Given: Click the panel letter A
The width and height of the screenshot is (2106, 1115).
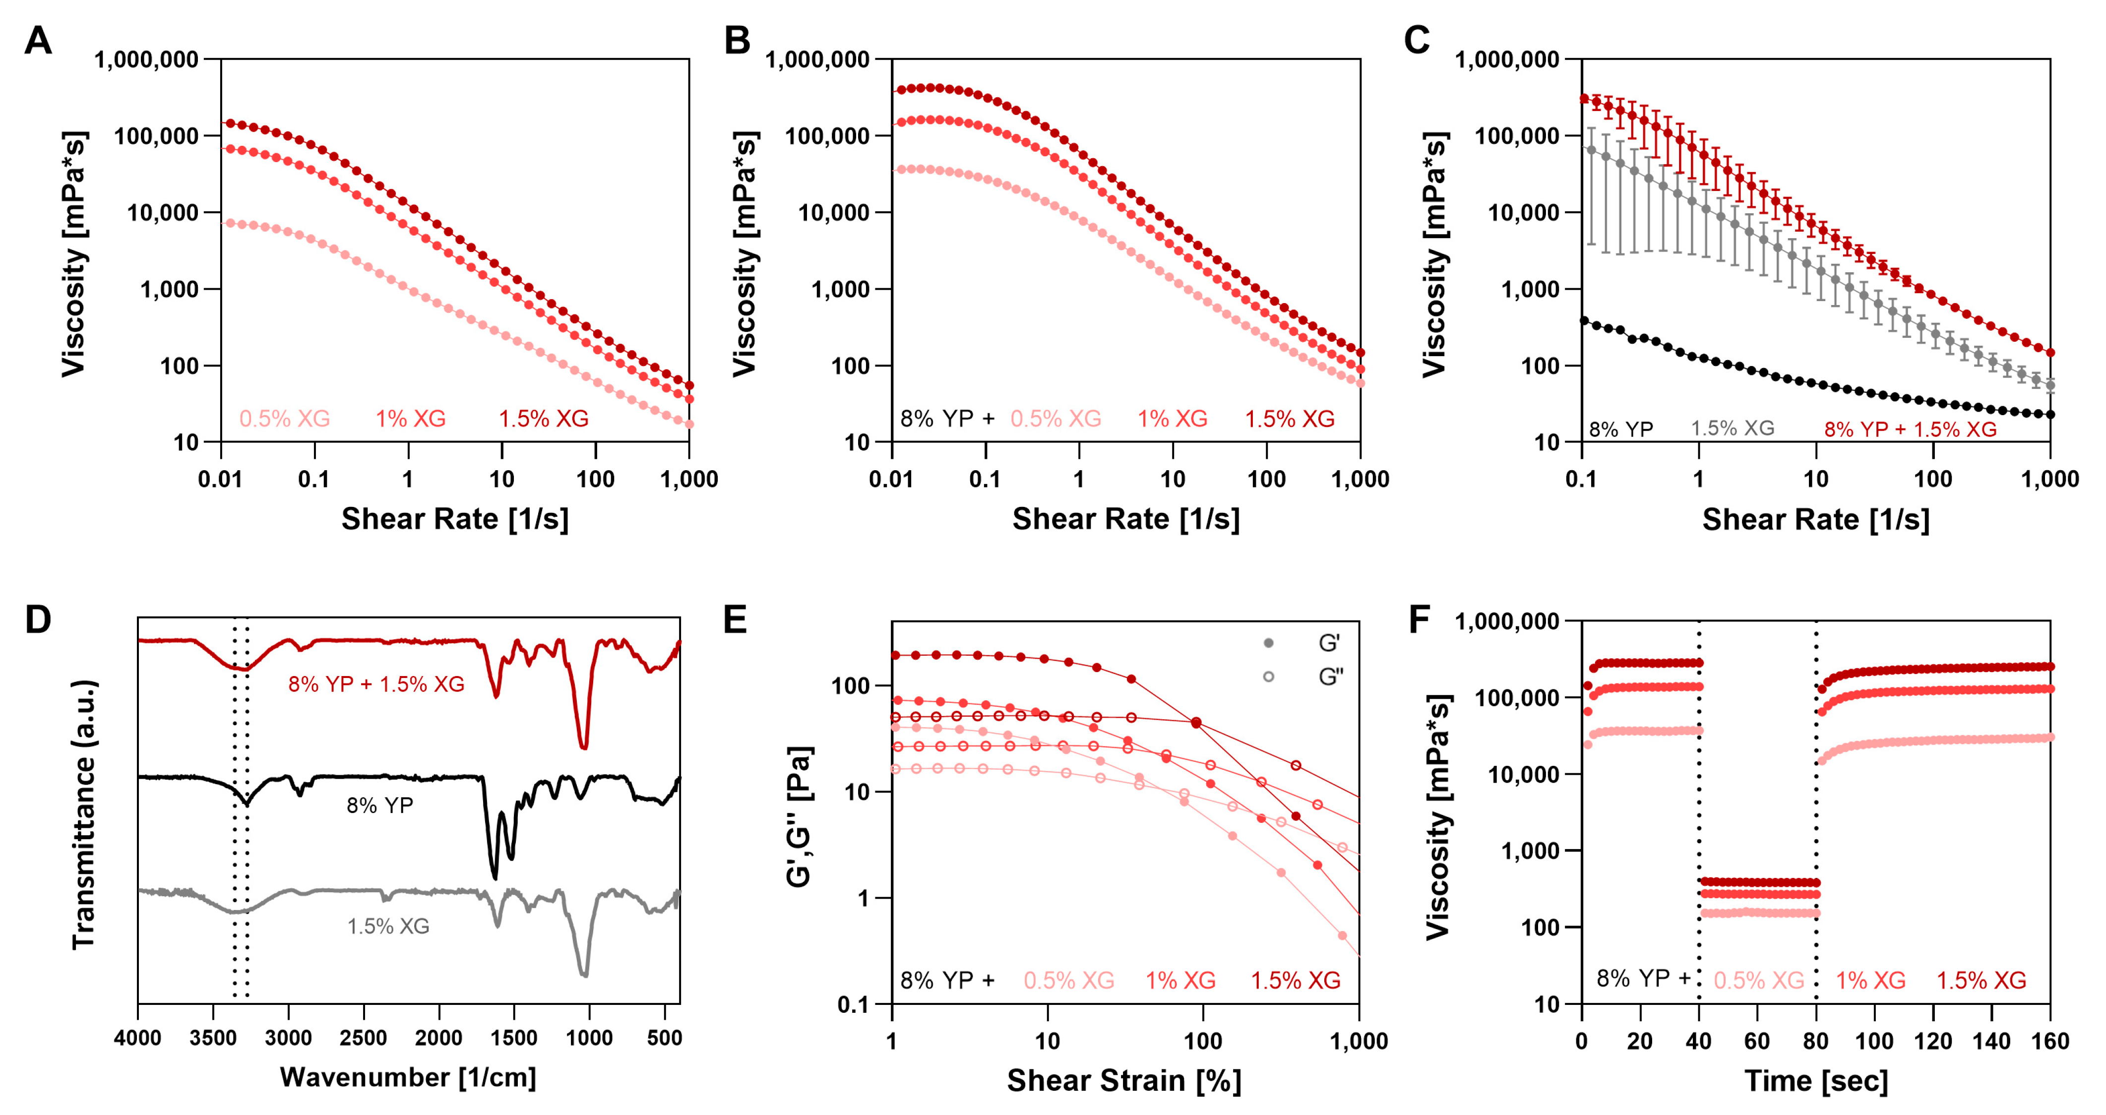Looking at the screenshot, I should (38, 40).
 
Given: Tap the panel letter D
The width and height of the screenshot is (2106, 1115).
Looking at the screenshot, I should (38, 619).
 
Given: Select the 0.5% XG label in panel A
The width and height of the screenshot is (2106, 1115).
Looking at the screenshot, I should (285, 419).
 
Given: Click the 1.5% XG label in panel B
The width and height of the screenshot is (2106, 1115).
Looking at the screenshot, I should (1289, 419).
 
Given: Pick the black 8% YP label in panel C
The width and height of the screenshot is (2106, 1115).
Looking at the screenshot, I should (1620, 429).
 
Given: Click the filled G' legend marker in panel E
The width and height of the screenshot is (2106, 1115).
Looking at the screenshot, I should (1268, 643).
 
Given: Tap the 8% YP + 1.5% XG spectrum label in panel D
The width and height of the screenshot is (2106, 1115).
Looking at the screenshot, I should (376, 684).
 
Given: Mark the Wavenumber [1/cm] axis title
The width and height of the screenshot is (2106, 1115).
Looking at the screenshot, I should (408, 1077).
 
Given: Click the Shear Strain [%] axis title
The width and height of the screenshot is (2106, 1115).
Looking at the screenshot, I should (1124, 1081).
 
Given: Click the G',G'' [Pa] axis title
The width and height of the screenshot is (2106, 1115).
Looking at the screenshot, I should (799, 816).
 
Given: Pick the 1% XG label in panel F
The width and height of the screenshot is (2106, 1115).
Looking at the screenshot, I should (1870, 980).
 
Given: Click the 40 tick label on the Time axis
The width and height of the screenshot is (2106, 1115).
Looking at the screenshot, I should (1699, 1042).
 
